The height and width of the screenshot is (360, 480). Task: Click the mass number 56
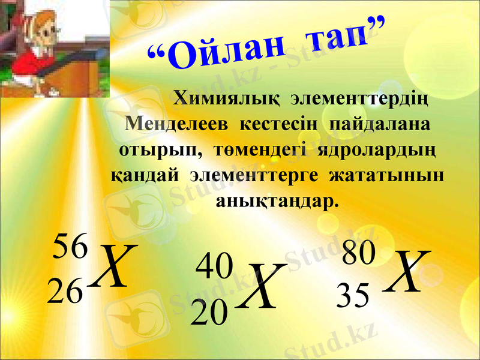(71, 247)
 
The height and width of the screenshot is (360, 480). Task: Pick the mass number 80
(358, 253)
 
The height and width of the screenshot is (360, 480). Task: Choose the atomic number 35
(353, 296)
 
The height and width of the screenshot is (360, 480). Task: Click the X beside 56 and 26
(115, 266)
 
